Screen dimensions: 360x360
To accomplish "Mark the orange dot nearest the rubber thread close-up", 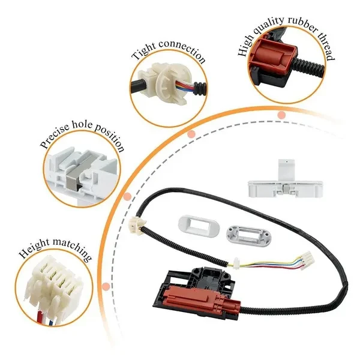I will (281, 114).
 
